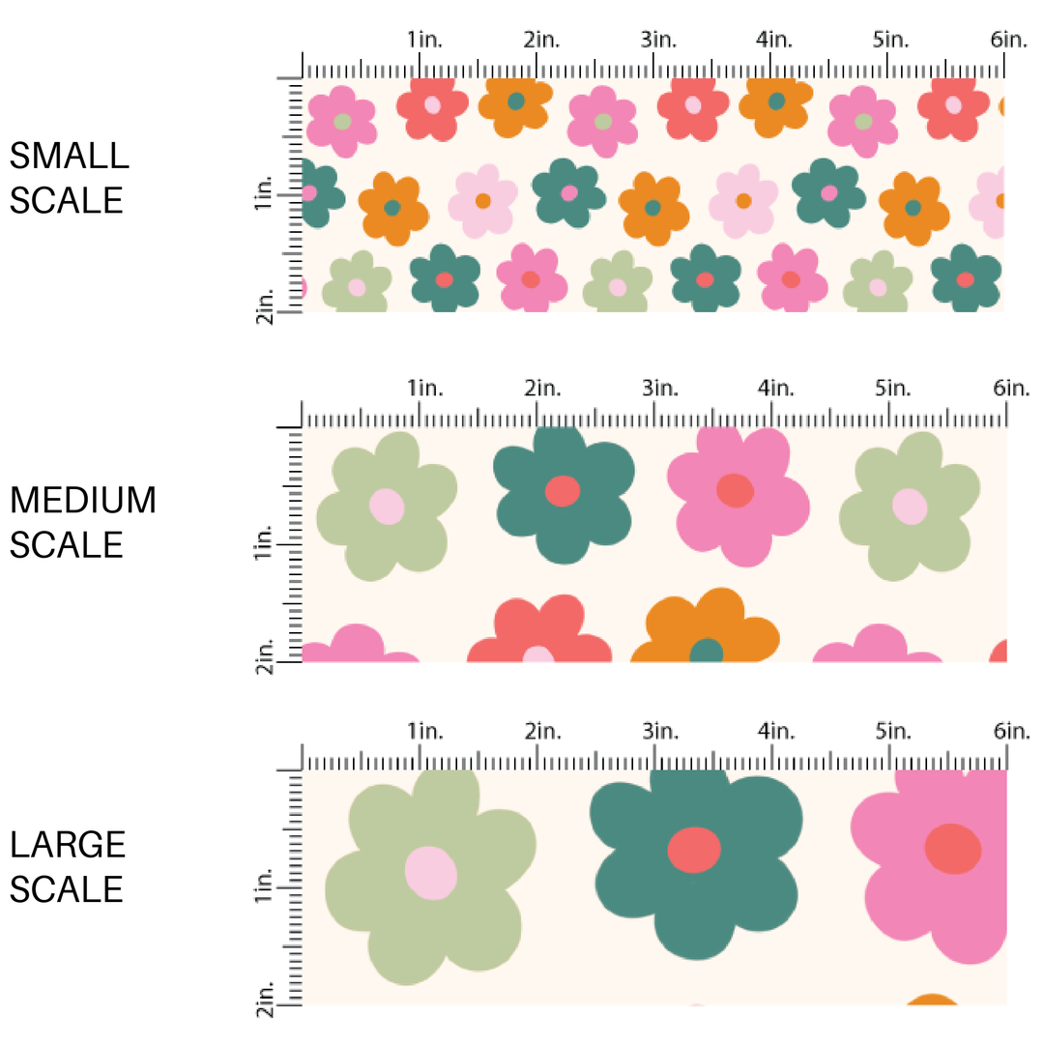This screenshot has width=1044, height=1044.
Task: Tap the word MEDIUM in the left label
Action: (x=83, y=500)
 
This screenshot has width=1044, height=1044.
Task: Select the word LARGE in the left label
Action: (x=68, y=844)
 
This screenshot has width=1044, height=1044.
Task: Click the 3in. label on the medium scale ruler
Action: (x=660, y=389)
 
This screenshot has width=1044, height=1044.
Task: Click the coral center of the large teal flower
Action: (x=695, y=850)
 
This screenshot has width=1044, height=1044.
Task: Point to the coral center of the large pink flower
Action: (x=953, y=849)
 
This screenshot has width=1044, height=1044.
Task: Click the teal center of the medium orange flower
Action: (x=707, y=652)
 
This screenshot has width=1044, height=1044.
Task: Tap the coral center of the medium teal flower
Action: (x=562, y=491)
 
